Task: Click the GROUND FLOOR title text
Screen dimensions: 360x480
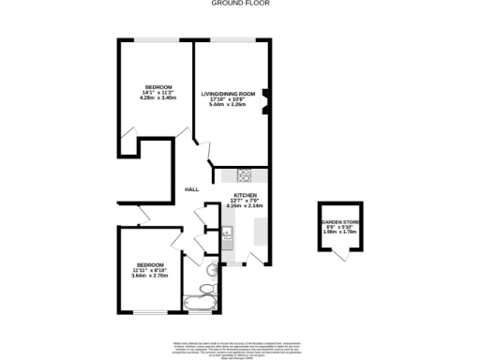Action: pyautogui.click(x=239, y=4)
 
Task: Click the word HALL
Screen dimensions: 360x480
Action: pyautogui.click(x=191, y=189)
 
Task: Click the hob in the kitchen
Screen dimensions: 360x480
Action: pyautogui.click(x=244, y=173)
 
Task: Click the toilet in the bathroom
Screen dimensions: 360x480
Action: pyautogui.click(x=207, y=288)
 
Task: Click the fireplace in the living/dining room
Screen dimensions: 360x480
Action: pyautogui.click(x=266, y=99)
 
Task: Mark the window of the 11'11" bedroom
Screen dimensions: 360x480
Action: pyautogui.click(x=150, y=312)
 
